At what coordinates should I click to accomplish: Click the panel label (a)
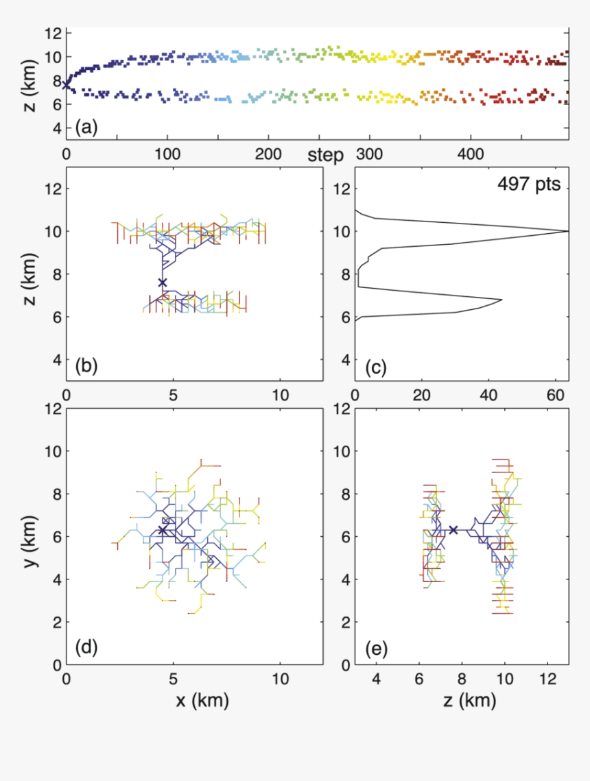[86, 126]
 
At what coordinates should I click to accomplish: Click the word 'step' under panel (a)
[325, 155]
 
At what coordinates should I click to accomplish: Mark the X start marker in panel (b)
[163, 283]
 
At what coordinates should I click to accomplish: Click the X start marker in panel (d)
[163, 530]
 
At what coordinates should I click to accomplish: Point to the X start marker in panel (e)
[453, 529]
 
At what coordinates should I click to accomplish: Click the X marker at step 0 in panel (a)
[66, 85]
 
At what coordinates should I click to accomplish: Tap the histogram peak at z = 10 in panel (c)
[567, 231]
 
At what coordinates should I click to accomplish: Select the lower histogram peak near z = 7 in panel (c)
[502, 300]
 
